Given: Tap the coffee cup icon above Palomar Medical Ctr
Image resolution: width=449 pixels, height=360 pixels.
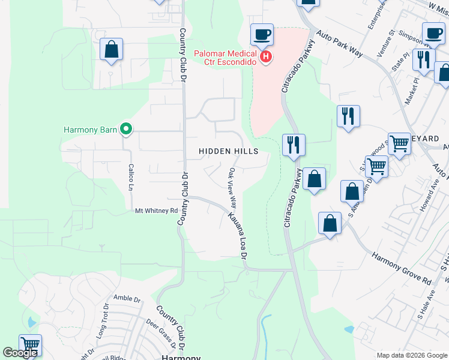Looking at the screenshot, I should click(x=262, y=35).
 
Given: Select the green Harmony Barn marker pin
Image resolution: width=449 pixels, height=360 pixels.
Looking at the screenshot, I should click(x=126, y=128).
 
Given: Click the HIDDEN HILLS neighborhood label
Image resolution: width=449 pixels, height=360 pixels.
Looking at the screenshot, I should click(x=229, y=152).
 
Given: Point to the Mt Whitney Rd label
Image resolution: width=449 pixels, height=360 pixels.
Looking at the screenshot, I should click(x=156, y=211).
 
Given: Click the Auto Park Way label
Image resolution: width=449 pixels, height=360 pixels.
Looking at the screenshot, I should click(x=339, y=44).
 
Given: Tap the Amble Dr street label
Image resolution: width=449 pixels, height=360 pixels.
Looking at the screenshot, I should click(x=127, y=298).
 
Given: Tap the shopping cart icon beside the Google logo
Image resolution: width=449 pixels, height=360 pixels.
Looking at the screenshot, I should click(x=30, y=345).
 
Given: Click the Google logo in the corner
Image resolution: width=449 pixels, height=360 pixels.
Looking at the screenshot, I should click(x=20, y=353).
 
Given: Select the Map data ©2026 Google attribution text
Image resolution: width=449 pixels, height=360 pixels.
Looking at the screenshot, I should click(x=412, y=355).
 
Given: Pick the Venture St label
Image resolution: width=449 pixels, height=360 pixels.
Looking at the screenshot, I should click(x=388, y=41).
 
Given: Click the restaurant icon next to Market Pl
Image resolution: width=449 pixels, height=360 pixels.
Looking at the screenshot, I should click(x=424, y=59).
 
